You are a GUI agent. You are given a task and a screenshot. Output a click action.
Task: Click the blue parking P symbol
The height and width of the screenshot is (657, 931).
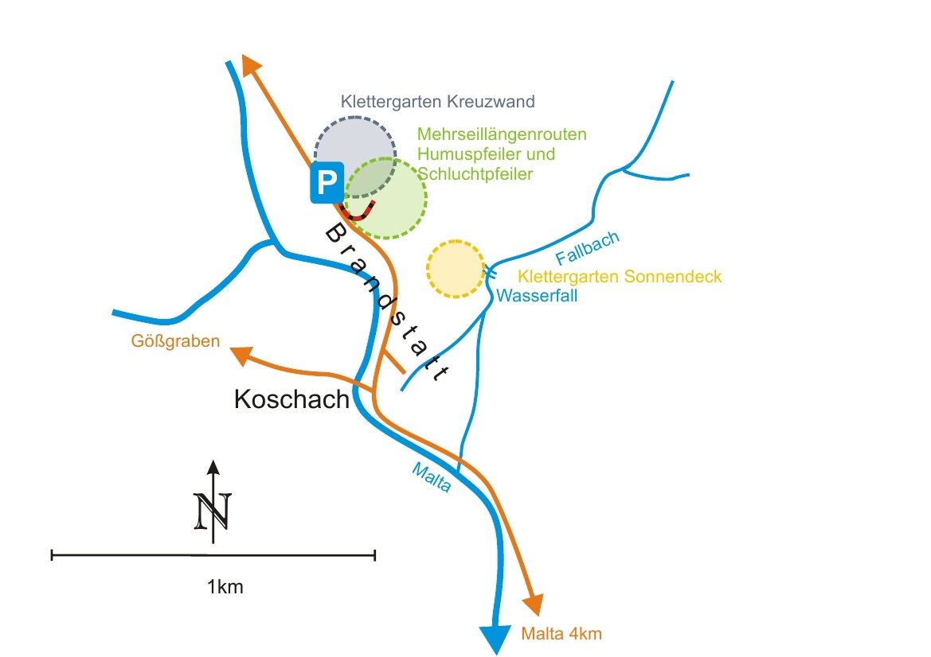point(327,183)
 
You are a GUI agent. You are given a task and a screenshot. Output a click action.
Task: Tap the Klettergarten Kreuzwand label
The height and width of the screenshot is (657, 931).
point(437,102)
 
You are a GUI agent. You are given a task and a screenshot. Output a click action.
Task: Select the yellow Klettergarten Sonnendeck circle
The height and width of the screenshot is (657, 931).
point(456,268)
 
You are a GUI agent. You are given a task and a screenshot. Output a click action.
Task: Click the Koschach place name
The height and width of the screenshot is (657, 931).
point(291,399)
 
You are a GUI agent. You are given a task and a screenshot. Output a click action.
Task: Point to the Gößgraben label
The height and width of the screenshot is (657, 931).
point(175,343)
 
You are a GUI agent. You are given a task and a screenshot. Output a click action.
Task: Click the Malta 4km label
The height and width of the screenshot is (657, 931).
point(561,634)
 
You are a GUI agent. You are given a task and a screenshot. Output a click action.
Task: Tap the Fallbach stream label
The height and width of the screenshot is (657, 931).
point(588,248)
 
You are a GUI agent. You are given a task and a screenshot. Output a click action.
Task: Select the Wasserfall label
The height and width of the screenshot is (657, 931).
point(537,296)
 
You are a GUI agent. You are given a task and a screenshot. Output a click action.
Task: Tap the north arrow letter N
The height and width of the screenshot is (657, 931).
point(213,509)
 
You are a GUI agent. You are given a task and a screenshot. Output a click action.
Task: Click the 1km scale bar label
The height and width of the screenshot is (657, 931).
point(225,588)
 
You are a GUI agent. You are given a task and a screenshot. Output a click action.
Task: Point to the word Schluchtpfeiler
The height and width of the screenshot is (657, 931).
point(475,173)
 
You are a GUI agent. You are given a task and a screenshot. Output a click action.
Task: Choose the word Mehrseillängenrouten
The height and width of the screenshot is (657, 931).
point(502,134)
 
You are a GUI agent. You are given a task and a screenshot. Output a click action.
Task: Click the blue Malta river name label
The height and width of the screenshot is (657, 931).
point(431,477)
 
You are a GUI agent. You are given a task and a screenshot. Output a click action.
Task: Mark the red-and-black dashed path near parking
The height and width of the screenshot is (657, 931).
point(358,213)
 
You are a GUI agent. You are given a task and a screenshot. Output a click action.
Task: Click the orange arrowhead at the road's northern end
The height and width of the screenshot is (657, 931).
point(251,64)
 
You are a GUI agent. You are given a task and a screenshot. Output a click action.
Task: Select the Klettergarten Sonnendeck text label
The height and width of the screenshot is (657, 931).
point(620,277)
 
